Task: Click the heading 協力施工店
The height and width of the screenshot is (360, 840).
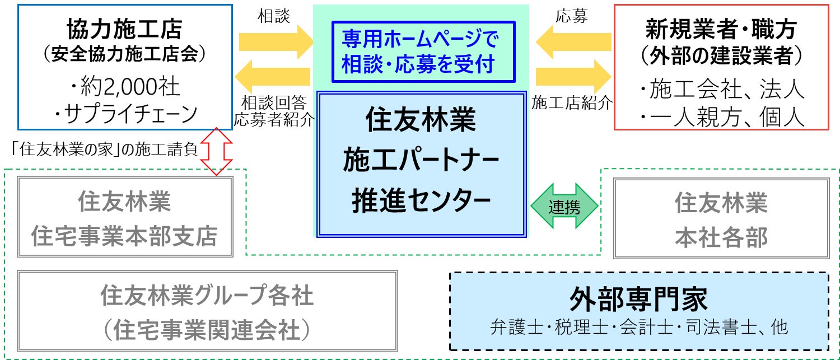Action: click(124, 29)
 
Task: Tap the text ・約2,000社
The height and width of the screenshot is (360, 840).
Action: click(124, 87)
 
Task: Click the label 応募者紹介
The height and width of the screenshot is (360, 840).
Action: click(274, 119)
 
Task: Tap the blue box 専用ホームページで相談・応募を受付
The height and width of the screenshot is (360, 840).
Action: click(423, 51)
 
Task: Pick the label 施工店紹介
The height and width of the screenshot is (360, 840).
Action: click(572, 103)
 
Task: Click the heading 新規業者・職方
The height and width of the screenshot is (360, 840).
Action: click(721, 28)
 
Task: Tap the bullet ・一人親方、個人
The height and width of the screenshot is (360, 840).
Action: click(722, 117)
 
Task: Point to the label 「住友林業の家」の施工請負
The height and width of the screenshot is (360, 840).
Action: click(105, 149)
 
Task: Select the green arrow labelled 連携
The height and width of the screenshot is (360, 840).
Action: click(564, 207)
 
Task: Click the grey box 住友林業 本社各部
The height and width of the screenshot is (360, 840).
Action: click(721, 218)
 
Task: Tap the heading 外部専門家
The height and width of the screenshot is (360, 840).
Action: click(638, 299)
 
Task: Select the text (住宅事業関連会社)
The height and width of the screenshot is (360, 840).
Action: click(207, 330)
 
